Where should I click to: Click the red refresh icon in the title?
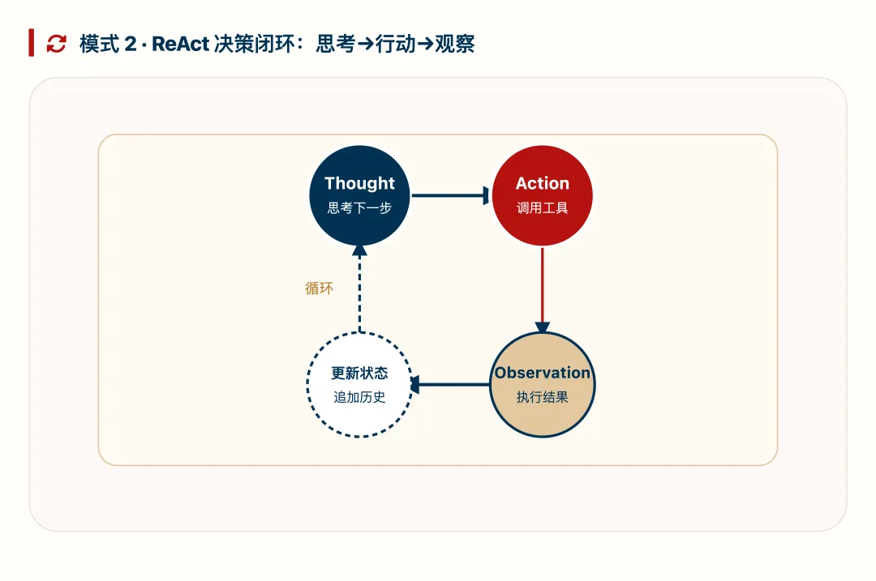(x=56, y=44)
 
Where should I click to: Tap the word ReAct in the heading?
(x=180, y=44)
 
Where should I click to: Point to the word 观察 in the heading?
(x=455, y=44)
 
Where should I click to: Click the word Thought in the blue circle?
(x=359, y=183)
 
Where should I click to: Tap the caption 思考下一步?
(x=359, y=208)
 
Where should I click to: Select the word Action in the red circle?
(x=543, y=183)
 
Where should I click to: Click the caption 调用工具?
(x=543, y=208)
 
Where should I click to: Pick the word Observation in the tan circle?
(x=543, y=373)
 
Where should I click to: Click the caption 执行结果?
(x=543, y=398)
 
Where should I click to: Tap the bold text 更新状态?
(x=359, y=374)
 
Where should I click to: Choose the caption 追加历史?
(x=359, y=398)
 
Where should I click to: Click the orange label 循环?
(x=319, y=288)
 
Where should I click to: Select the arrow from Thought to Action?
(x=450, y=195)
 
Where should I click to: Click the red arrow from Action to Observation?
(x=543, y=288)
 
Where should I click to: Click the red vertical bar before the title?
(x=31, y=43)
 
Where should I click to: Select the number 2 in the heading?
(x=131, y=44)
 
